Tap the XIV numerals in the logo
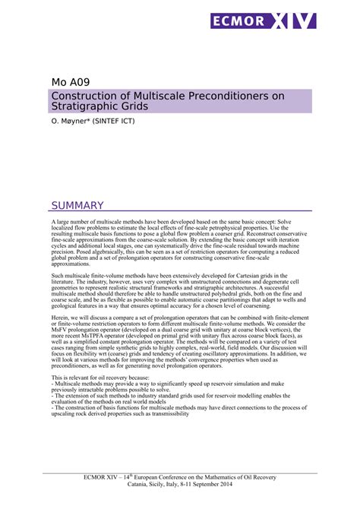292,21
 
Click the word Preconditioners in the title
208,96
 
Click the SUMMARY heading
77,205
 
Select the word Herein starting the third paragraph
60,319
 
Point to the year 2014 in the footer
235,483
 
